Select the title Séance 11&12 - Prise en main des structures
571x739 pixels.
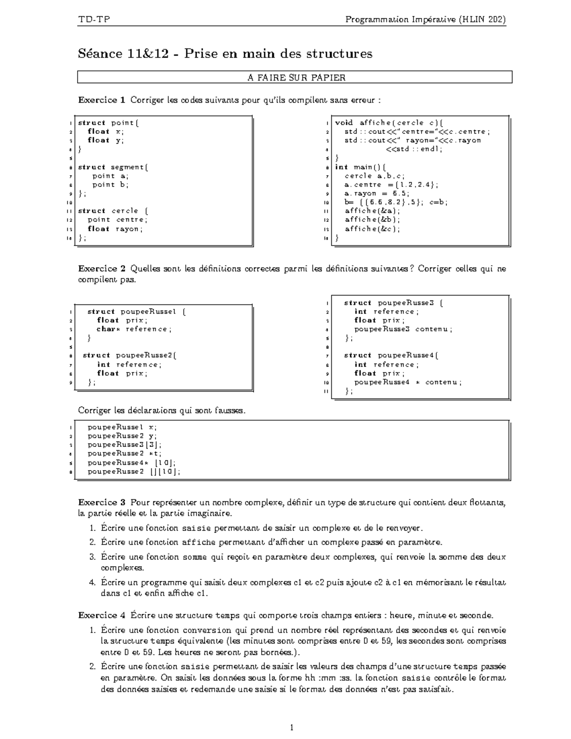pyautogui.click(x=225, y=53)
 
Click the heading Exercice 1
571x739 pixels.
pyautogui.click(x=101, y=100)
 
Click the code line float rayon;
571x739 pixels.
pyautogui.click(x=115, y=229)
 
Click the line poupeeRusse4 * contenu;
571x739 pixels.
pyautogui.click(x=408, y=382)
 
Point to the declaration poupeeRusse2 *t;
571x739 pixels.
pyautogui.click(x=124, y=453)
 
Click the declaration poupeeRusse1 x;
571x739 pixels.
pyautogui.click(x=122, y=427)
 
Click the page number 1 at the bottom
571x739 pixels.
pyautogui.click(x=292, y=727)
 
